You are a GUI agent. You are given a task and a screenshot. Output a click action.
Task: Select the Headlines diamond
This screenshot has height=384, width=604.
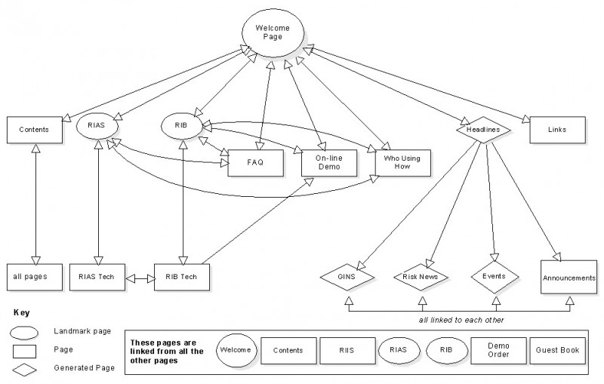click(482, 130)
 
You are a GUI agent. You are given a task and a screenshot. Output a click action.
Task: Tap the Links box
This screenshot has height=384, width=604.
click(557, 130)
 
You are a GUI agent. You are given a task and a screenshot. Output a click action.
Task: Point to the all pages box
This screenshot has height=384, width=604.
click(29, 277)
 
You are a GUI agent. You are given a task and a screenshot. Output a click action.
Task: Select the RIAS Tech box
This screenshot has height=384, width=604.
click(97, 277)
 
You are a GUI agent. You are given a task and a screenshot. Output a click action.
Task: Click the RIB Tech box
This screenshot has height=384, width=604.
click(181, 277)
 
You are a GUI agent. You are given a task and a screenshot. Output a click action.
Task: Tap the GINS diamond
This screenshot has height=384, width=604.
click(348, 277)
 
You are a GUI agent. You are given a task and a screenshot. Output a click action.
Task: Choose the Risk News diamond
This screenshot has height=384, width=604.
click(421, 277)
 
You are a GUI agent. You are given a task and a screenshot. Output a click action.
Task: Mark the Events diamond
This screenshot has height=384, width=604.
click(494, 277)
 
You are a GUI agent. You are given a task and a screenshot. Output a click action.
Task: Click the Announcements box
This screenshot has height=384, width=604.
click(569, 278)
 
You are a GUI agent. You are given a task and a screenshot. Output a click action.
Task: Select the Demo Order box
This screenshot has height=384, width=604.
click(497, 351)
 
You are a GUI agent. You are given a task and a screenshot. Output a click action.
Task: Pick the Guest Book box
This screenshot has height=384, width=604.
click(558, 351)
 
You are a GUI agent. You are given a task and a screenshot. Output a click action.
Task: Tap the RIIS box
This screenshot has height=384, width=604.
click(347, 351)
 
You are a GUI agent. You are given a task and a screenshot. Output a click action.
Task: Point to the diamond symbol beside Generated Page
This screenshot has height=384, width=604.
click(24, 368)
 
